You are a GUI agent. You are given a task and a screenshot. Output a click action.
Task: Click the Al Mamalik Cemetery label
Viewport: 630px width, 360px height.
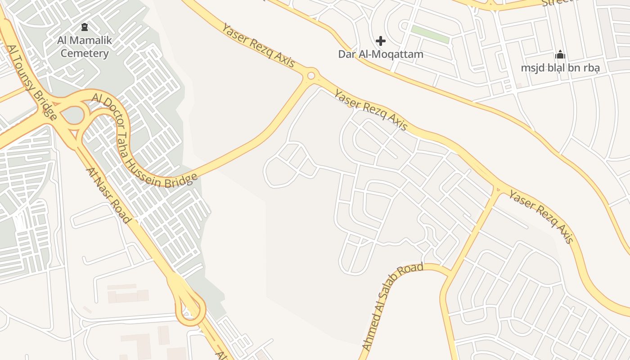point(85,47)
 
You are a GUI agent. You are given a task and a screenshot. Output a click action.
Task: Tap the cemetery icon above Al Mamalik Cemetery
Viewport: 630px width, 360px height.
point(85,27)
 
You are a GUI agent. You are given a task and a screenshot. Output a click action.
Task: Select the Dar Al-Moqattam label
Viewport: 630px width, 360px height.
point(381,54)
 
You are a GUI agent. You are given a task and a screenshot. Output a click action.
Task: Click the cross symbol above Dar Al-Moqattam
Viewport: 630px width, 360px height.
point(381,41)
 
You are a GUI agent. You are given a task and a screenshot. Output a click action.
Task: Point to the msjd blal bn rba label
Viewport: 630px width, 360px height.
point(560,68)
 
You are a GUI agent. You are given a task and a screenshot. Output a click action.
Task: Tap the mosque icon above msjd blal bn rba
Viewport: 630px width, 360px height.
point(560,55)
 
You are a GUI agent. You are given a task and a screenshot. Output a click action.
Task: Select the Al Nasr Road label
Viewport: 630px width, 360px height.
point(108,195)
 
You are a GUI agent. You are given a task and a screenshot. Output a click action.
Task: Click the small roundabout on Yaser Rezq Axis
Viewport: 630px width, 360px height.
point(311,76)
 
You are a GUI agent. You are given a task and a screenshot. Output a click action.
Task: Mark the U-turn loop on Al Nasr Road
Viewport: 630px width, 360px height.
point(190,310)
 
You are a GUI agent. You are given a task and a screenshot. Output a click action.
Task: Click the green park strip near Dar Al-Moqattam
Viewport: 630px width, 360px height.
point(430,35)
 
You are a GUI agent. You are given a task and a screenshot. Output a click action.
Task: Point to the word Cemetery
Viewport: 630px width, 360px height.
point(85,54)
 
